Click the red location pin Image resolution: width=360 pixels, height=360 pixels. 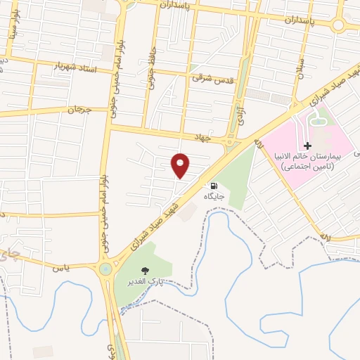[x=181, y=165]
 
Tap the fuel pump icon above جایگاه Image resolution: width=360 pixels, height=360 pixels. [x=213, y=186]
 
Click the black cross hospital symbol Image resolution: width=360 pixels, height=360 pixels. [x=307, y=146]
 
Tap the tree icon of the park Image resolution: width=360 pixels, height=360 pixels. [x=146, y=271]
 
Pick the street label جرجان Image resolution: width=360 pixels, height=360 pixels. [x=80, y=110]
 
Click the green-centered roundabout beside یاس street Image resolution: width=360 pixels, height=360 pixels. [x=105, y=269]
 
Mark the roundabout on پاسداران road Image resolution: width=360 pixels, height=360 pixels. [x=340, y=26]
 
